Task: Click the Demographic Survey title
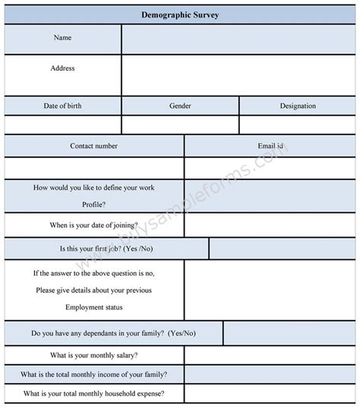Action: (180, 14)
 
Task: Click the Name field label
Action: (63, 38)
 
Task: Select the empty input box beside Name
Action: (238, 39)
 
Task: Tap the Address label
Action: (63, 68)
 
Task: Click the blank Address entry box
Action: (238, 75)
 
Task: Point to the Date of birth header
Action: (63, 106)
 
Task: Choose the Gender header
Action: (180, 106)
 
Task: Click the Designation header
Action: (298, 106)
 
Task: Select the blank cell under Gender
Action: (180, 124)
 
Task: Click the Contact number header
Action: (94, 145)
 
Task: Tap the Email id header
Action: (270, 145)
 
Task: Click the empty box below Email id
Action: (270, 167)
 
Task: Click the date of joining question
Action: (94, 225)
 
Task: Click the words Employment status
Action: (94, 307)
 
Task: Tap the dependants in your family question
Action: (113, 333)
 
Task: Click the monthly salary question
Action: (94, 355)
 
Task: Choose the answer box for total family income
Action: (270, 374)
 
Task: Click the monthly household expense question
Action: (94, 394)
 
